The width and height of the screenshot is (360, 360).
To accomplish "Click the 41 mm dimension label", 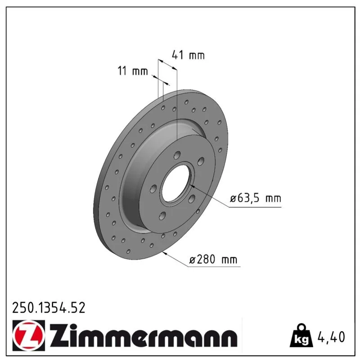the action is pyautogui.click(x=188, y=55).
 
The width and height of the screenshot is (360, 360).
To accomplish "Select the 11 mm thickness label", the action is pyautogui.click(x=133, y=71).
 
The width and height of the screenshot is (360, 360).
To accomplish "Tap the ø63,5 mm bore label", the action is pyautogui.click(x=256, y=198).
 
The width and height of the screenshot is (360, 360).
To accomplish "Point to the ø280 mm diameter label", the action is pyautogui.click(x=213, y=260).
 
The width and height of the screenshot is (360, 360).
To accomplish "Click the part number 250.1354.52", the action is pyautogui.click(x=49, y=308).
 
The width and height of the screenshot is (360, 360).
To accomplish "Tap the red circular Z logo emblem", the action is pyautogui.click(x=28, y=335).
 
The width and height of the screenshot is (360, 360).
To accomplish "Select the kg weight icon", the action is pyautogui.click(x=301, y=336).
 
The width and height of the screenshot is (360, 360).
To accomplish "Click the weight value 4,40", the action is pyautogui.click(x=331, y=337).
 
